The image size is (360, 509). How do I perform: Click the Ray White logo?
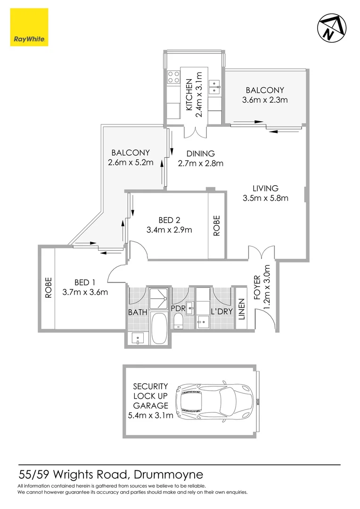coord(28,28)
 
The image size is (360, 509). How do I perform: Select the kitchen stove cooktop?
coord(174,76)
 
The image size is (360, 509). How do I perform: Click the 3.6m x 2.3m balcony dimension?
coord(264,99)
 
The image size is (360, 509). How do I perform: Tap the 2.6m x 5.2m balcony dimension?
coord(131,163)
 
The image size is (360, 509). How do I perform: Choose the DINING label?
coord(200,154)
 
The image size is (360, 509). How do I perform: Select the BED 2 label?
coord(169,220)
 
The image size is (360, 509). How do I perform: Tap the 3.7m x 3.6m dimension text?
coord(85,292)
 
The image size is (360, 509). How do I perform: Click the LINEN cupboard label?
coord(241,309)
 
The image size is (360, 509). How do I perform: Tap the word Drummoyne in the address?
coord(169,473)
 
